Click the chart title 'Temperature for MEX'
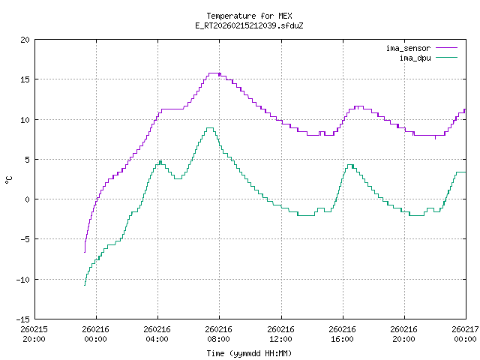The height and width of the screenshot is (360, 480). pyautogui.click(x=248, y=15)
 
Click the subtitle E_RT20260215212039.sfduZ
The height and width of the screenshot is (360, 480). pyautogui.click(x=248, y=25)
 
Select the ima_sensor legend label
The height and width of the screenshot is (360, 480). pyautogui.click(x=408, y=48)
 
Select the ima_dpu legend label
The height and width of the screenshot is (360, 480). pyautogui.click(x=414, y=57)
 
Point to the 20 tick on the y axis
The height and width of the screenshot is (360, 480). pyautogui.click(x=25, y=40)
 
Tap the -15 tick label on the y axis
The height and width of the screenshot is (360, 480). pyautogui.click(x=22, y=319)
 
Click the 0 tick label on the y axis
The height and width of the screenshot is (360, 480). pyautogui.click(x=27, y=199)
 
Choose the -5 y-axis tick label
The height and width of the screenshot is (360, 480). pyautogui.click(x=25, y=239)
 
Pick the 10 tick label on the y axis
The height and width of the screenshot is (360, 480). pyautogui.click(x=25, y=120)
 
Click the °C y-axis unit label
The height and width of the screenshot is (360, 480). pyautogui.click(x=8, y=180)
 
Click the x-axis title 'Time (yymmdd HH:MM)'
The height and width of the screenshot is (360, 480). pyautogui.click(x=248, y=352)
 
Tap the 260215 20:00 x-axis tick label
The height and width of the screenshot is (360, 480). pyautogui.click(x=34, y=333)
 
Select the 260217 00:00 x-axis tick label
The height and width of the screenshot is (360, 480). pyautogui.click(x=465, y=333)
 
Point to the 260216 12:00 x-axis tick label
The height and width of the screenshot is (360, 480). pyautogui.click(x=280, y=333)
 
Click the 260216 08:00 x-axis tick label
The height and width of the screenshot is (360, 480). pyautogui.click(x=219, y=333)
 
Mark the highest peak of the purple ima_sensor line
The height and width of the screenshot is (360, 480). pyautogui.click(x=214, y=73)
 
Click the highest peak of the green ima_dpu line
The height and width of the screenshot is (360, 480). pyautogui.click(x=210, y=128)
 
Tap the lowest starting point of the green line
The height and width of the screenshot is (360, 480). pyautogui.click(x=85, y=285)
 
